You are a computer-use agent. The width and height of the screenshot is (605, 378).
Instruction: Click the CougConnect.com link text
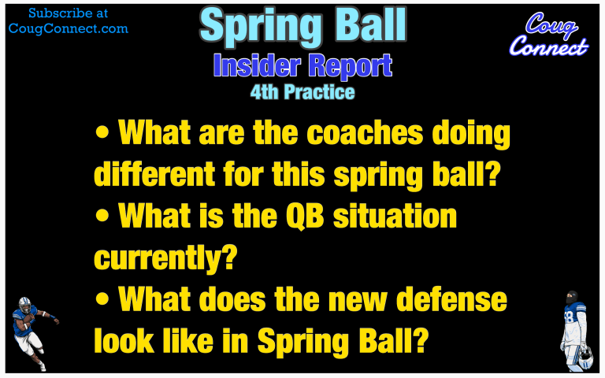click(69, 29)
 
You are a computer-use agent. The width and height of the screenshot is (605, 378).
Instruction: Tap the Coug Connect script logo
click(548, 35)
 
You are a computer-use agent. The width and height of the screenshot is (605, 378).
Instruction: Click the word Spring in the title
click(261, 26)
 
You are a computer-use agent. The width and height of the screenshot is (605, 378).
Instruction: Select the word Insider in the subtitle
click(257, 65)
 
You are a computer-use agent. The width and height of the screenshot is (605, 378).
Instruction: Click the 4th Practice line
click(302, 92)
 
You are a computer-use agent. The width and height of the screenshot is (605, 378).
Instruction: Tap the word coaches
click(365, 132)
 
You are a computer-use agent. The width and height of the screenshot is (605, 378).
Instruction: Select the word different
click(154, 174)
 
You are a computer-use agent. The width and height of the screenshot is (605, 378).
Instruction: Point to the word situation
click(395, 216)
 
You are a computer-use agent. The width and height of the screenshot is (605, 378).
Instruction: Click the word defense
click(452, 300)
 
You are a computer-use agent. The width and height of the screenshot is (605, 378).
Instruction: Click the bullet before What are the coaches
click(102, 133)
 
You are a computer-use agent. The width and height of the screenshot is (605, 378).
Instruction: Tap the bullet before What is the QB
click(102, 217)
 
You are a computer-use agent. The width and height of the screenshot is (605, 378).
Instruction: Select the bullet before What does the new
click(102, 300)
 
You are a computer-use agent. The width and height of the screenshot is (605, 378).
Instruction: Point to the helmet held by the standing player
click(585, 357)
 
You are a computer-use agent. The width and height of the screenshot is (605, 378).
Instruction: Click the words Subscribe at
click(69, 13)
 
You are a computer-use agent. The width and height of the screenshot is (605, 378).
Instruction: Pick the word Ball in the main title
click(368, 24)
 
